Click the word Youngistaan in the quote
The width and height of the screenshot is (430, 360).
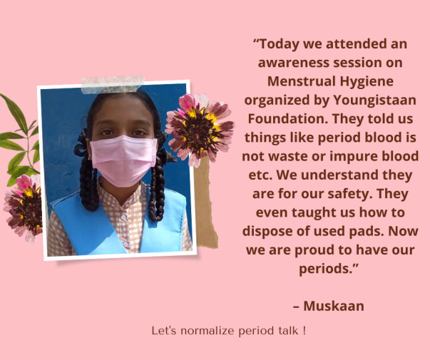374,101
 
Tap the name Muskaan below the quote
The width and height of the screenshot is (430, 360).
334,306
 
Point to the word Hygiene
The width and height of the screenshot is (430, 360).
367,82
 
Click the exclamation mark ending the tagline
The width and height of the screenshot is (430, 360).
304,330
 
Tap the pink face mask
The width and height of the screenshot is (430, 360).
123,160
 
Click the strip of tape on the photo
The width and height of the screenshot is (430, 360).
113,84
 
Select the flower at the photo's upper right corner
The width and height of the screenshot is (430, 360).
200,130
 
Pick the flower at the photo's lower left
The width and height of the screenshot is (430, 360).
24,208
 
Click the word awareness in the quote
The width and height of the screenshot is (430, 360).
293,63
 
